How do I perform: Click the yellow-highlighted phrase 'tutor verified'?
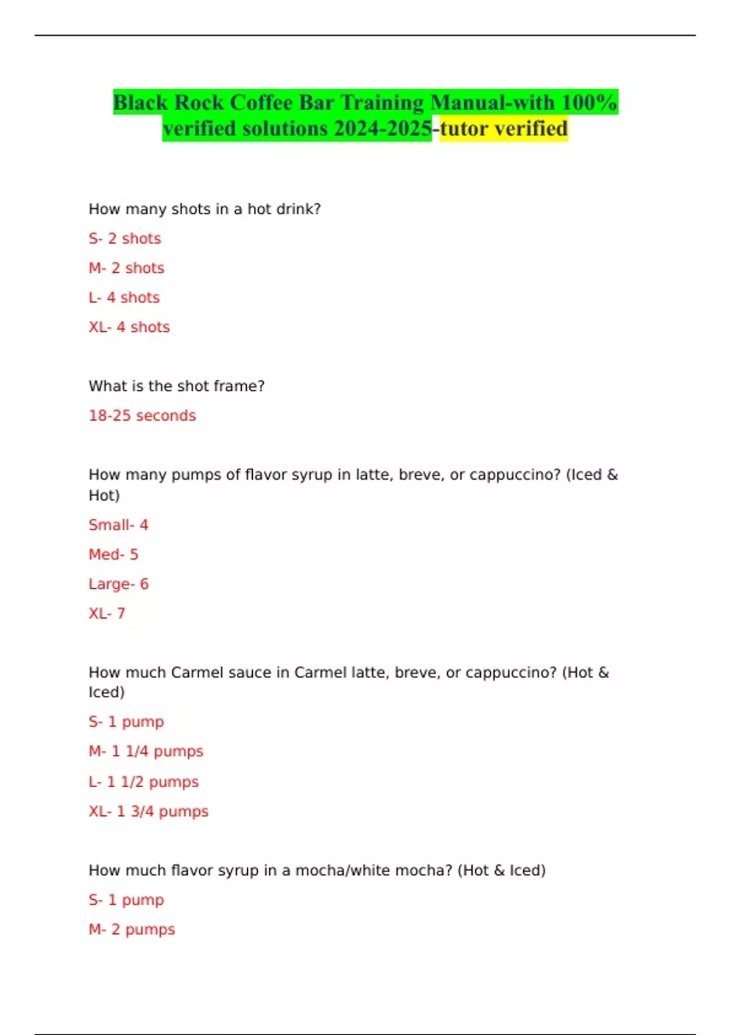click(504, 129)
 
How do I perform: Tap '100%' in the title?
click(589, 103)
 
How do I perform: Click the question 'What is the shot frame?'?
click(177, 386)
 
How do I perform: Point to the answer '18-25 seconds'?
click(143, 416)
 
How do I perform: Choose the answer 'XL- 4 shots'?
click(129, 327)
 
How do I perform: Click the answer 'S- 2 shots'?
click(125, 239)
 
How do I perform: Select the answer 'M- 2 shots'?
click(127, 268)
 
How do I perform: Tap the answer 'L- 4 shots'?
click(124, 298)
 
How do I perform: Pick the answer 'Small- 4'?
click(118, 525)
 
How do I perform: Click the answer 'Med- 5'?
click(113, 555)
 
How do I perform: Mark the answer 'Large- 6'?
click(119, 584)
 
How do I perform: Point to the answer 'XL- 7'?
click(107, 614)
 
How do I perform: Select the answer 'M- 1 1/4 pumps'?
click(146, 751)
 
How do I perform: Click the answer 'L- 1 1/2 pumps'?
click(144, 782)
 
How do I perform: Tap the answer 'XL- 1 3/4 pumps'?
click(149, 812)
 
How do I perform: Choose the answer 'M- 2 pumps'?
click(132, 930)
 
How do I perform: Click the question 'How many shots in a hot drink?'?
click(205, 209)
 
